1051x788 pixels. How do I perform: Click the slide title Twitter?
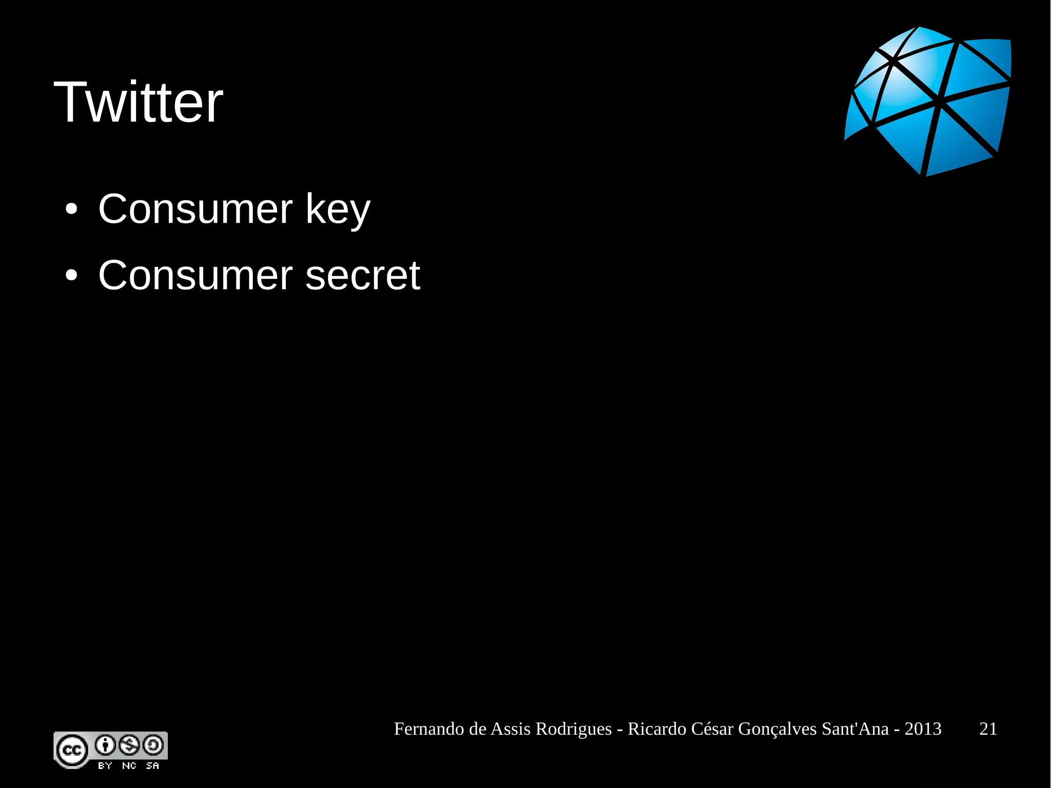coord(139,102)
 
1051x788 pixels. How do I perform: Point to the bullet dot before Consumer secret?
coord(71,276)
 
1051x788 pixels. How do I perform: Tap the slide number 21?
coord(988,729)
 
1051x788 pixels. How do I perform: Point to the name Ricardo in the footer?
coord(657,729)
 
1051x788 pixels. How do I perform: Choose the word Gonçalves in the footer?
coord(777,729)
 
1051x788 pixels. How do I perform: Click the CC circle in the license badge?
coord(71,751)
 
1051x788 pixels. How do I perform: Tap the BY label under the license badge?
coord(105,766)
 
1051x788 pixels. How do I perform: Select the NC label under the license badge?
coord(129,766)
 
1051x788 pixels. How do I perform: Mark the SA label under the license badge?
coord(152,766)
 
